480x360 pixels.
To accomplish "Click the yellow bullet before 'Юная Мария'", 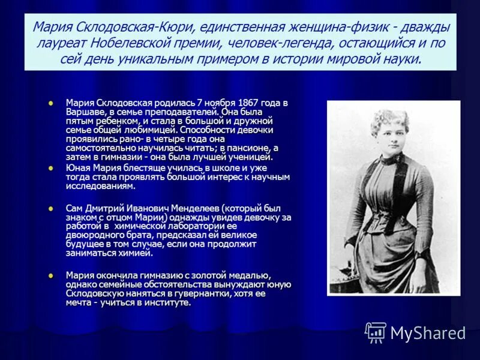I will [x=51, y=168].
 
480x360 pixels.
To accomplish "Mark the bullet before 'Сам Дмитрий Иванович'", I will [x=51, y=208].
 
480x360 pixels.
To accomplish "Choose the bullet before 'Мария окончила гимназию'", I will [x=51, y=275].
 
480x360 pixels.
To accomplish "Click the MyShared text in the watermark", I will [x=428, y=333].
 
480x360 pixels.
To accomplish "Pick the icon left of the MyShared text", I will [x=376, y=332].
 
